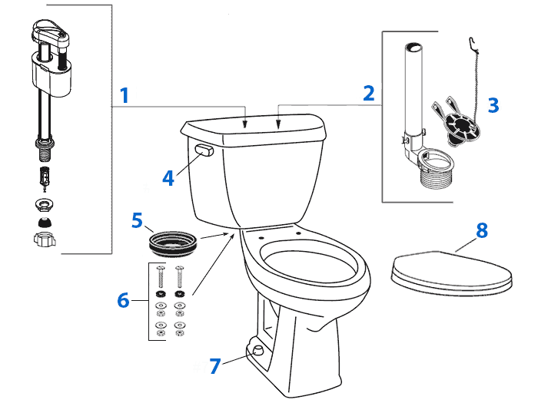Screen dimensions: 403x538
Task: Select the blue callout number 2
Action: (369, 93)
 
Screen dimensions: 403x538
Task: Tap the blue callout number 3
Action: (493, 105)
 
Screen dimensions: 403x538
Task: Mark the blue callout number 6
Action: (123, 300)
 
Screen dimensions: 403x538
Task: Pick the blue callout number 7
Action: (216, 365)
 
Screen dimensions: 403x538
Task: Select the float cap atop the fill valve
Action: (54, 35)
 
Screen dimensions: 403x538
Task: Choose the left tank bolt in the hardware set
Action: (161, 276)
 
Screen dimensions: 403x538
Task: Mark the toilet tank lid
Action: (254, 126)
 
